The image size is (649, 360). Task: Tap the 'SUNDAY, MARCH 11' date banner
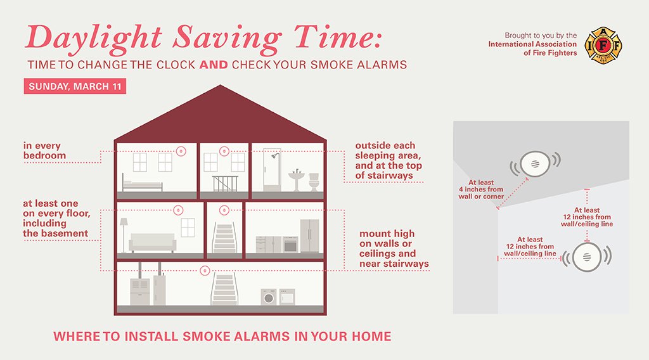point(75,86)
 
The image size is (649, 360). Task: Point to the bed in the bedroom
point(142,184)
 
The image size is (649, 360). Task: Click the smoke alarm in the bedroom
point(181,151)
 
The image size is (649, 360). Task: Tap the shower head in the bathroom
point(277,155)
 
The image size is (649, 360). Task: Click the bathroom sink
point(296,177)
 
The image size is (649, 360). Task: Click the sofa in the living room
point(152,243)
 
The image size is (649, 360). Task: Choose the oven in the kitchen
point(290,245)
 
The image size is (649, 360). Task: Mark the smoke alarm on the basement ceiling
point(204,271)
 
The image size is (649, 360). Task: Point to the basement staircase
point(224,290)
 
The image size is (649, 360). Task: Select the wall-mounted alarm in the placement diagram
point(587,257)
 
